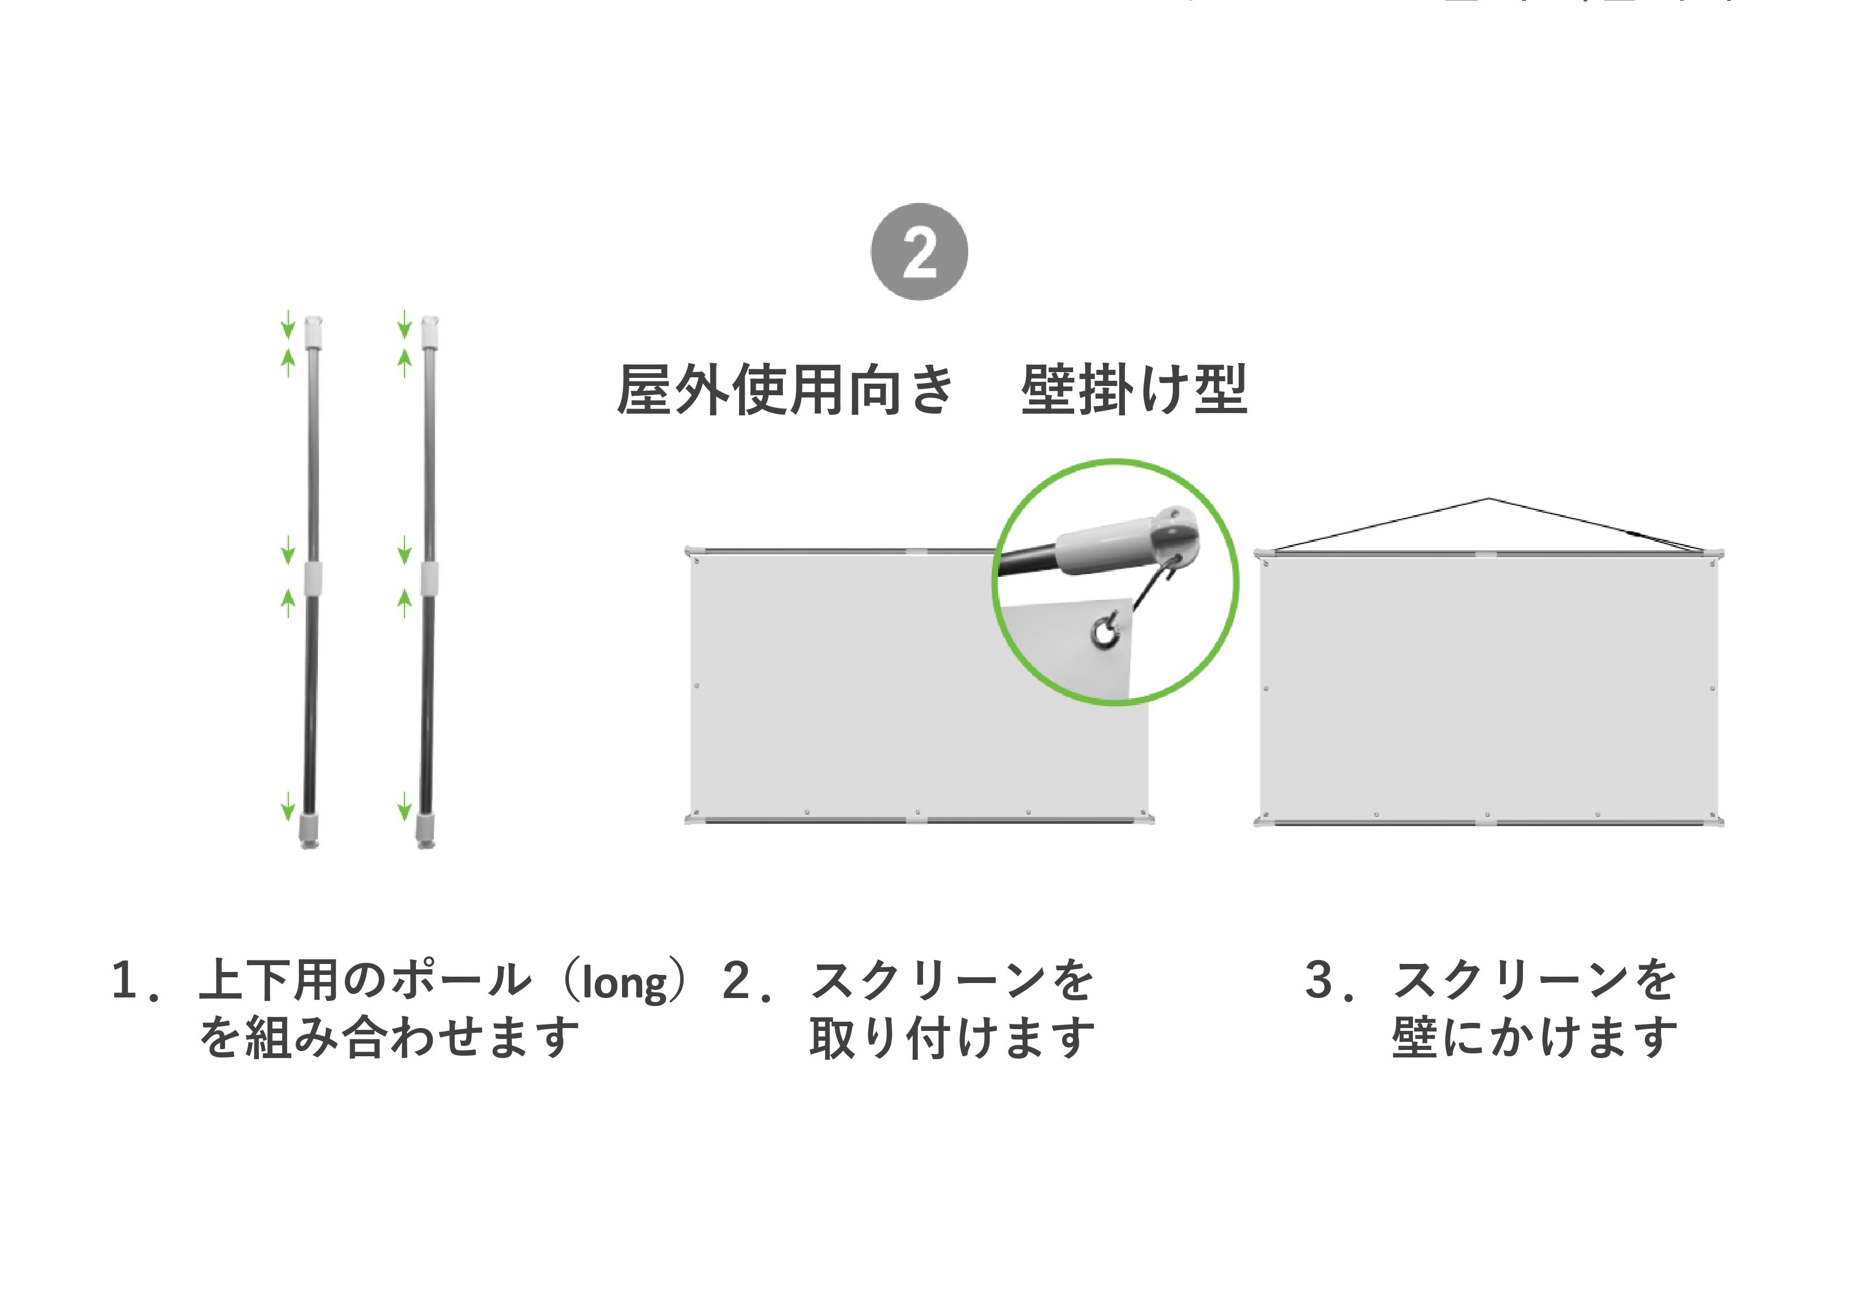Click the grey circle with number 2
919,252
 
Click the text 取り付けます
952,1038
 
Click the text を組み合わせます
389,1038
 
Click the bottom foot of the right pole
425,830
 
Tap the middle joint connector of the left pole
312,578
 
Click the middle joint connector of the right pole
429,578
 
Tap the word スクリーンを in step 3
1535,980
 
